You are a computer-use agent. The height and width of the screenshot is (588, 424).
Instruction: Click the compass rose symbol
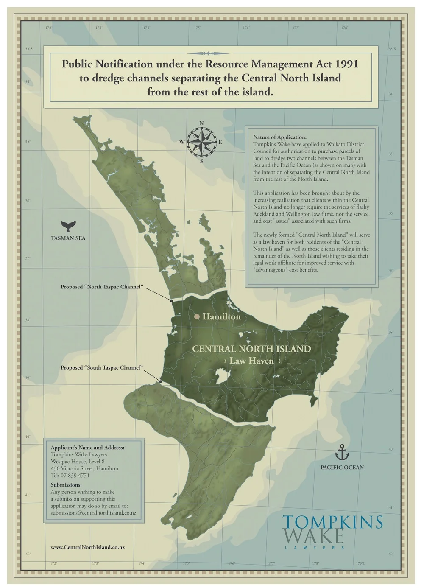tap(202, 142)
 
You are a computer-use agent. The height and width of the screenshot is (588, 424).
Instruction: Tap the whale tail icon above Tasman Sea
tap(67, 225)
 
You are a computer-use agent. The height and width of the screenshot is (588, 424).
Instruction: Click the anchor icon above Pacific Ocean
tap(342, 452)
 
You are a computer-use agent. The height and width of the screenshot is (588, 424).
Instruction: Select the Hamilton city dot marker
tap(197, 316)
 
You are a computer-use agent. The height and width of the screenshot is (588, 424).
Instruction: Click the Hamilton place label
tap(221, 316)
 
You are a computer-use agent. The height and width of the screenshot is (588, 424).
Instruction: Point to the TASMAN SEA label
tap(68, 238)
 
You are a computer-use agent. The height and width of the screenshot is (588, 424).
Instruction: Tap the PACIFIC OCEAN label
tap(342, 467)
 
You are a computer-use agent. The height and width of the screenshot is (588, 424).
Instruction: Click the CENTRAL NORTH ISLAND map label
tap(251, 349)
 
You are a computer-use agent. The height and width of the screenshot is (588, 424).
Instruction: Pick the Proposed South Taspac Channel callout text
tap(101, 367)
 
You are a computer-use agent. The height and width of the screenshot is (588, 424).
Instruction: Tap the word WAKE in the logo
tap(313, 536)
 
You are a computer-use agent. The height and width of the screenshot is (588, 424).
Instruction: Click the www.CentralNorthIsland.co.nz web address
tap(87, 547)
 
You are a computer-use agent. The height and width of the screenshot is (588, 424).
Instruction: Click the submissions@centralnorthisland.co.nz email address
tap(93, 512)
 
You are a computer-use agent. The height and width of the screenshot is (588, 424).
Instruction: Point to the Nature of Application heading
tap(279, 137)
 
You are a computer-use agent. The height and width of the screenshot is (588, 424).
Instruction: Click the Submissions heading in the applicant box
tap(66, 485)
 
